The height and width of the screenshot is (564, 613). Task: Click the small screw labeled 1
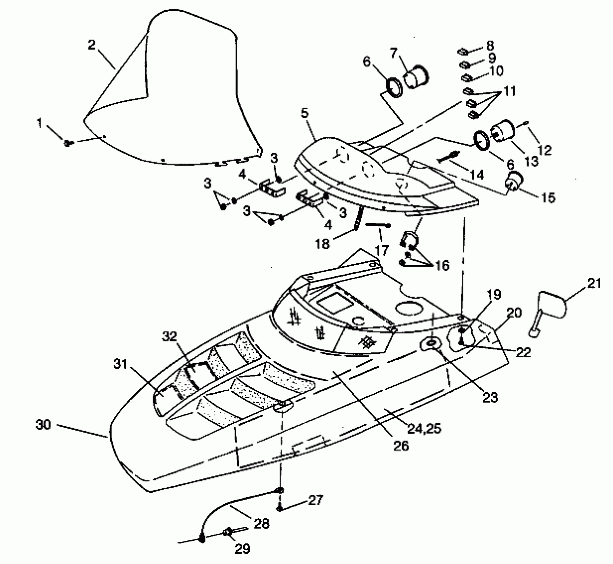pos(67,143)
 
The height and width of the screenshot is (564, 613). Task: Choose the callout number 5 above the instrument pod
pos(305,113)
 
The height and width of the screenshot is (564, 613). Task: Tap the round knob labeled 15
pos(513,183)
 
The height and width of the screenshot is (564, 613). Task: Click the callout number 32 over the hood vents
pos(170,337)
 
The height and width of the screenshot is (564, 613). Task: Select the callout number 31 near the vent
pos(120,365)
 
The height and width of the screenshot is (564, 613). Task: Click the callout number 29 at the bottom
pos(242,549)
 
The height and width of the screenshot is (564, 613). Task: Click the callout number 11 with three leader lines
pos(509,91)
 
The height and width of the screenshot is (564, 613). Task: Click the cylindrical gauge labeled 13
pos(503,131)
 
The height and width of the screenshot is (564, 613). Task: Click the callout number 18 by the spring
pos(323,244)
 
